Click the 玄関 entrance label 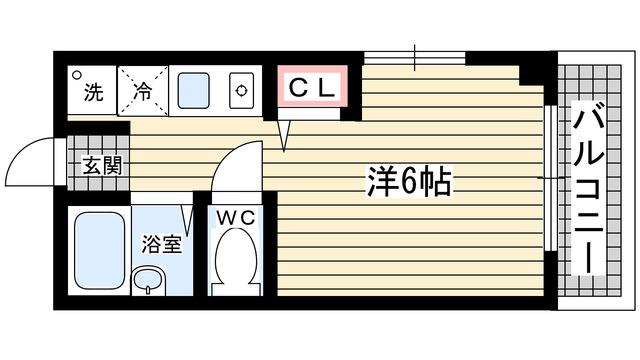pyautogui.click(x=102, y=165)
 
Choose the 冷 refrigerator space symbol pyautogui.click(x=142, y=94)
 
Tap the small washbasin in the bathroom pyautogui.click(x=149, y=279)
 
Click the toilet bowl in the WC pyautogui.click(x=237, y=258)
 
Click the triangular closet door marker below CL pyautogui.click(x=286, y=132)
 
